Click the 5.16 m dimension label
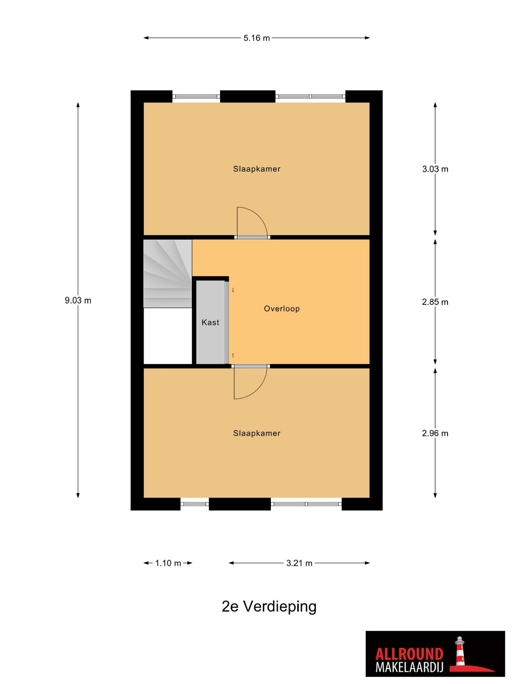tap(256, 38)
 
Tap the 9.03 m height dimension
tap(78, 301)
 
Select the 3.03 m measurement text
tap(435, 169)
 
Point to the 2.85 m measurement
tap(435, 302)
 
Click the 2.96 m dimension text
tap(435, 433)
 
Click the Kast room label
tap(210, 322)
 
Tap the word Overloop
tap(282, 309)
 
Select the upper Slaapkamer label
tap(256, 169)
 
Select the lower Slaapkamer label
tap(256, 433)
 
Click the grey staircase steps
tap(167, 273)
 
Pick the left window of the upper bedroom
tap(196, 96)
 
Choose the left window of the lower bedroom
tap(195, 504)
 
